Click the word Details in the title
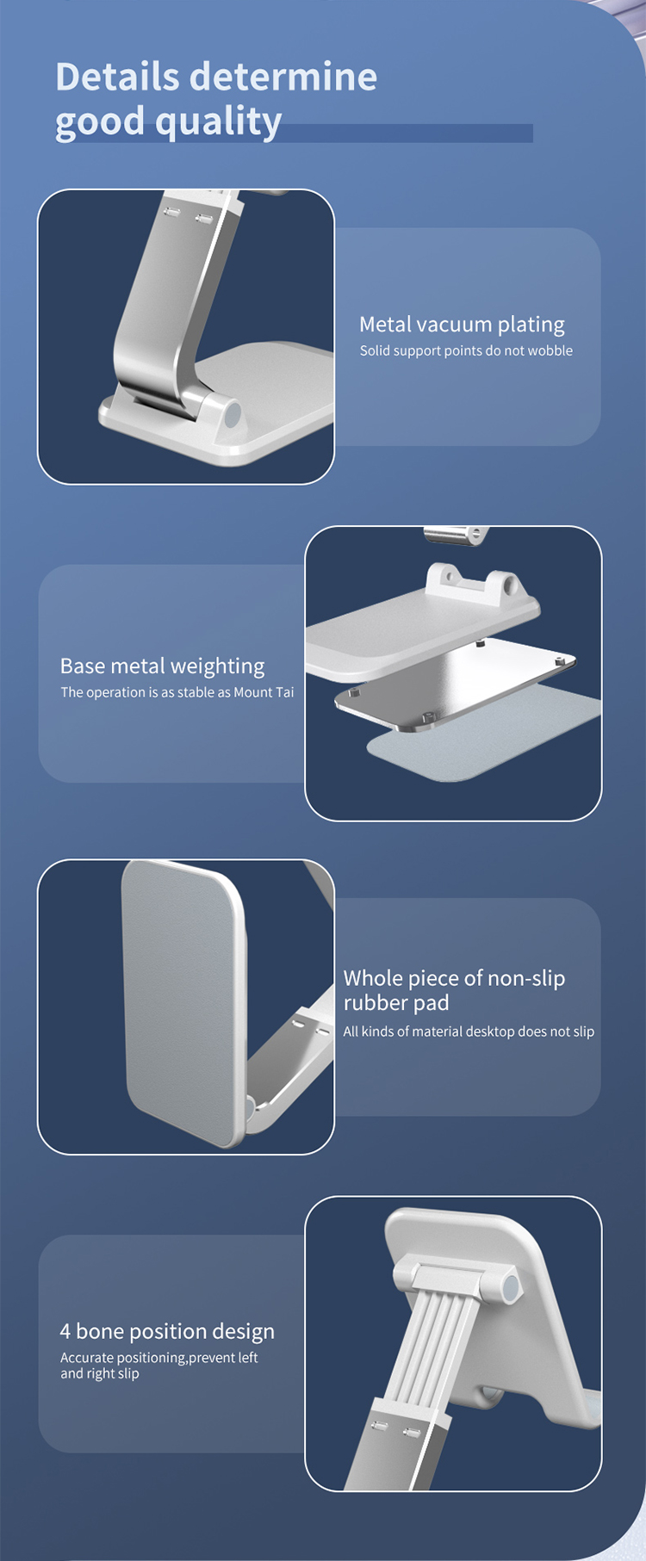pos(117,77)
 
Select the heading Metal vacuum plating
pos(462,325)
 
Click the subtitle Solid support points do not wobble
pos(466,350)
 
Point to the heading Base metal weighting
pos(163,666)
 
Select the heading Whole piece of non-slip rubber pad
pos(454,990)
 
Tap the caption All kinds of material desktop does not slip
pos(469,1031)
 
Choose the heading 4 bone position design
pos(167,1331)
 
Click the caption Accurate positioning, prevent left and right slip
pos(159,1366)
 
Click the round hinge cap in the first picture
pos(233,414)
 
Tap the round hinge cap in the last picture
pos(511,1289)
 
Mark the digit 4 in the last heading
pos(65,1331)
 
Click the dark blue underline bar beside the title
pos(405,133)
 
